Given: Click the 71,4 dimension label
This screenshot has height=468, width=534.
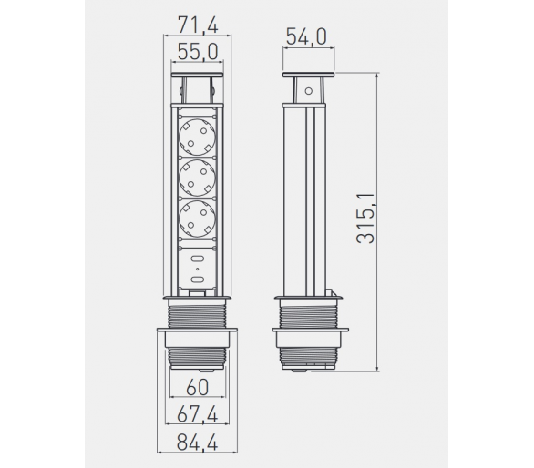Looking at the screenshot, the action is click(198, 25).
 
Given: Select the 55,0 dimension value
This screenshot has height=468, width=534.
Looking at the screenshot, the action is click(198, 52).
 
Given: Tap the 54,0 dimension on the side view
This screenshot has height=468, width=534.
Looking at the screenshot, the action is click(306, 36).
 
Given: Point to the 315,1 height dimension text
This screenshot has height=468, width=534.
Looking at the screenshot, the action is click(365, 219).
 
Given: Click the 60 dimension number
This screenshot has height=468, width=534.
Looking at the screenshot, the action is click(198, 387).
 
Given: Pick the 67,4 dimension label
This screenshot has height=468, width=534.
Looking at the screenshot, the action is click(198, 415).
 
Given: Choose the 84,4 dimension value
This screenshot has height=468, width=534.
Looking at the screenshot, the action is click(198, 443).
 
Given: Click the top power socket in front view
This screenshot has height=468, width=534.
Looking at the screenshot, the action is click(198, 137).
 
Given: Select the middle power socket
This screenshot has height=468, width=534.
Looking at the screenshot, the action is click(198, 178).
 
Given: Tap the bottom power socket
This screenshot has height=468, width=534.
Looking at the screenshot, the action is click(198, 219).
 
